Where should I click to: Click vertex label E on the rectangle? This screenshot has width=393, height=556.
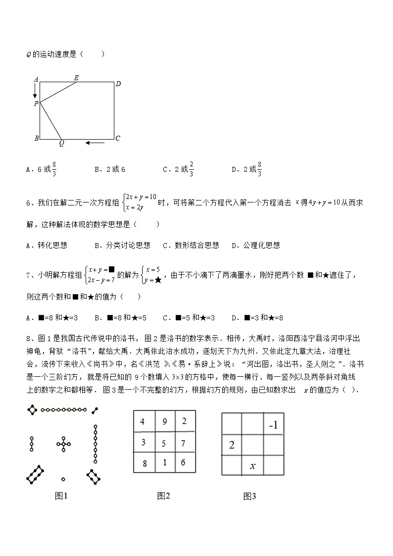click(76, 77)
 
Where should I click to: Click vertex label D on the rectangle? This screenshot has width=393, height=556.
click(118, 84)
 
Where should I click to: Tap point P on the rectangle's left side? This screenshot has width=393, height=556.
click(36, 103)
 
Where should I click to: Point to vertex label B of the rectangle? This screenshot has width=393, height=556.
click(36, 139)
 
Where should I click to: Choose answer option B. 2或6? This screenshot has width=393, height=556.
click(110, 169)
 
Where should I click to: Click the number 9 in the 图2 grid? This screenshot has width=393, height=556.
click(164, 422)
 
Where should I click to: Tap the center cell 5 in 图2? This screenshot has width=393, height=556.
click(164, 443)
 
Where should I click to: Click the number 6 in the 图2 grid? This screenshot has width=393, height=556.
click(183, 462)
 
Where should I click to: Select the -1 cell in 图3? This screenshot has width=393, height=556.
click(273, 425)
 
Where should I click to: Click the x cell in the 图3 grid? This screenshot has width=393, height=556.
click(252, 465)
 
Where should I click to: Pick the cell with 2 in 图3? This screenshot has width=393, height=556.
click(232, 445)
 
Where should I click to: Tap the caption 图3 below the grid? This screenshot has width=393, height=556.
click(249, 497)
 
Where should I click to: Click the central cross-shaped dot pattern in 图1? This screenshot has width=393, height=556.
click(63, 444)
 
